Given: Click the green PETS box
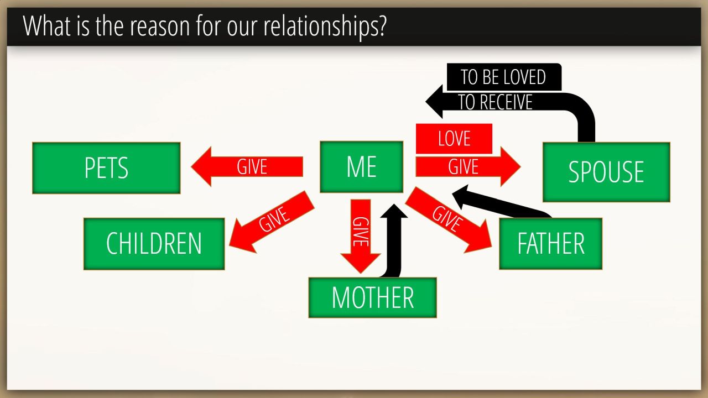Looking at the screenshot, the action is click(x=106, y=167).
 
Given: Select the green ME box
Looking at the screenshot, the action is click(x=361, y=166).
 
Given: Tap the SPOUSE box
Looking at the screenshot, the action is click(x=606, y=172).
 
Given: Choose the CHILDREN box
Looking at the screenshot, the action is click(x=154, y=244).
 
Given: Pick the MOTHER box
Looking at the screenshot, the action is click(x=372, y=297).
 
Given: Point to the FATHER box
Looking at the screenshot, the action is click(x=550, y=244).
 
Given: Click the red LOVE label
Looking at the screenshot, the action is click(x=454, y=138).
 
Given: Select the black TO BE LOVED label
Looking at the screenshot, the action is click(x=504, y=77).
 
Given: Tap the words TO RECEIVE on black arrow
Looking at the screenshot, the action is click(x=495, y=102).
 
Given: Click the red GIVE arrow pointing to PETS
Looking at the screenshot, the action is click(x=247, y=166).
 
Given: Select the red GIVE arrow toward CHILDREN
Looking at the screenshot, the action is click(x=272, y=221).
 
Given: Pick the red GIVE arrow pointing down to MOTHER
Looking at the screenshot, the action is click(x=360, y=236).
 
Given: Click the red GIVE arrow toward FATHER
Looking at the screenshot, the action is click(x=449, y=220).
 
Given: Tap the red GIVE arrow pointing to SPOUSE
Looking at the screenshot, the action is click(x=468, y=166).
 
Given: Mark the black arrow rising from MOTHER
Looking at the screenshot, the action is click(x=393, y=240).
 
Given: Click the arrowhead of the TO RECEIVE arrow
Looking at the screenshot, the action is click(x=434, y=102).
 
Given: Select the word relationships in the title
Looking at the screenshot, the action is click(x=325, y=26).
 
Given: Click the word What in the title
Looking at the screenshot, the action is click(x=47, y=25).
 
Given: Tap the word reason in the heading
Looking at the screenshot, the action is click(x=160, y=27).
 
